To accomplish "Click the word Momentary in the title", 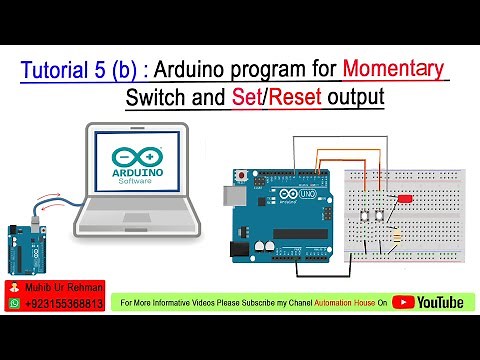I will pyautogui.click(x=392, y=70).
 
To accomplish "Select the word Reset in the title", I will pyautogui.click(x=302, y=99).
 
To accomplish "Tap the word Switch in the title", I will pyautogui.click(x=160, y=99).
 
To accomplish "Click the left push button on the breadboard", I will pyautogui.click(x=365, y=216).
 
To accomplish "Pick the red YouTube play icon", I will pyautogui.click(x=403, y=301).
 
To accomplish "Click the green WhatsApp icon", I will pyautogui.click(x=14, y=304).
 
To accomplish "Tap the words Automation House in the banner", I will pyautogui.click(x=345, y=301).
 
